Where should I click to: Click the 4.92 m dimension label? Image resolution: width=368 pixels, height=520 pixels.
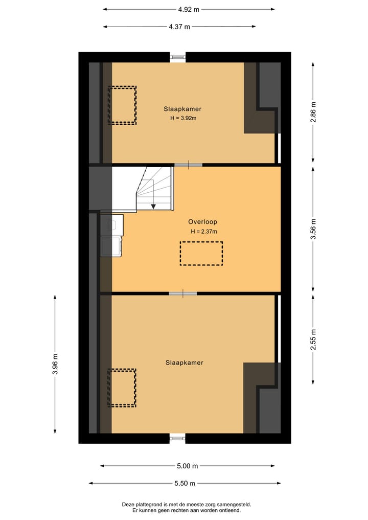(x=189, y=9)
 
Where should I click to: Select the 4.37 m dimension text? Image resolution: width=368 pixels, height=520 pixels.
(x=179, y=27)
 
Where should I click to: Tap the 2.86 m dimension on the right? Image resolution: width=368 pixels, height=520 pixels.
(x=313, y=112)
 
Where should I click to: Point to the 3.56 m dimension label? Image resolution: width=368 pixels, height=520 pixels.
(x=313, y=229)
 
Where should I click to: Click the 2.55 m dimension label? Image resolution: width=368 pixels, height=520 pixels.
(x=313, y=338)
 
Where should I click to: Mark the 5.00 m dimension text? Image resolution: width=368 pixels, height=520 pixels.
(x=187, y=466)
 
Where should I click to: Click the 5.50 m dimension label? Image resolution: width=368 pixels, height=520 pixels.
(x=185, y=483)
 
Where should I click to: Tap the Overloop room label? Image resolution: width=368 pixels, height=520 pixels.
(x=202, y=222)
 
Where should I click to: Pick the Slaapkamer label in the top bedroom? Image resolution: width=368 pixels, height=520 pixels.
(x=182, y=109)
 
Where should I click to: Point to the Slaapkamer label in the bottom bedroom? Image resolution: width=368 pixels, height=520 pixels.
(x=184, y=363)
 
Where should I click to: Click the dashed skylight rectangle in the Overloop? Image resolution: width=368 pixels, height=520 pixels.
(x=201, y=253)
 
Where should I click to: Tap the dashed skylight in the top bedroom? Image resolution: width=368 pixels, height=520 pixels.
(x=122, y=105)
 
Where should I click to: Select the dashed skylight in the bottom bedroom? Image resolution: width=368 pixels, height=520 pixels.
(x=122, y=388)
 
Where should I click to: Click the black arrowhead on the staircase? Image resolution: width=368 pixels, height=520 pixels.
(x=153, y=206)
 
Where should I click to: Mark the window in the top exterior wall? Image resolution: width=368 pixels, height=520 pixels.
(x=178, y=57)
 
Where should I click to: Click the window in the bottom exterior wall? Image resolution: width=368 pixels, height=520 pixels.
(x=178, y=438)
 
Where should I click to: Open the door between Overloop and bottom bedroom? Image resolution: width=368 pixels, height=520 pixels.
(x=183, y=293)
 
